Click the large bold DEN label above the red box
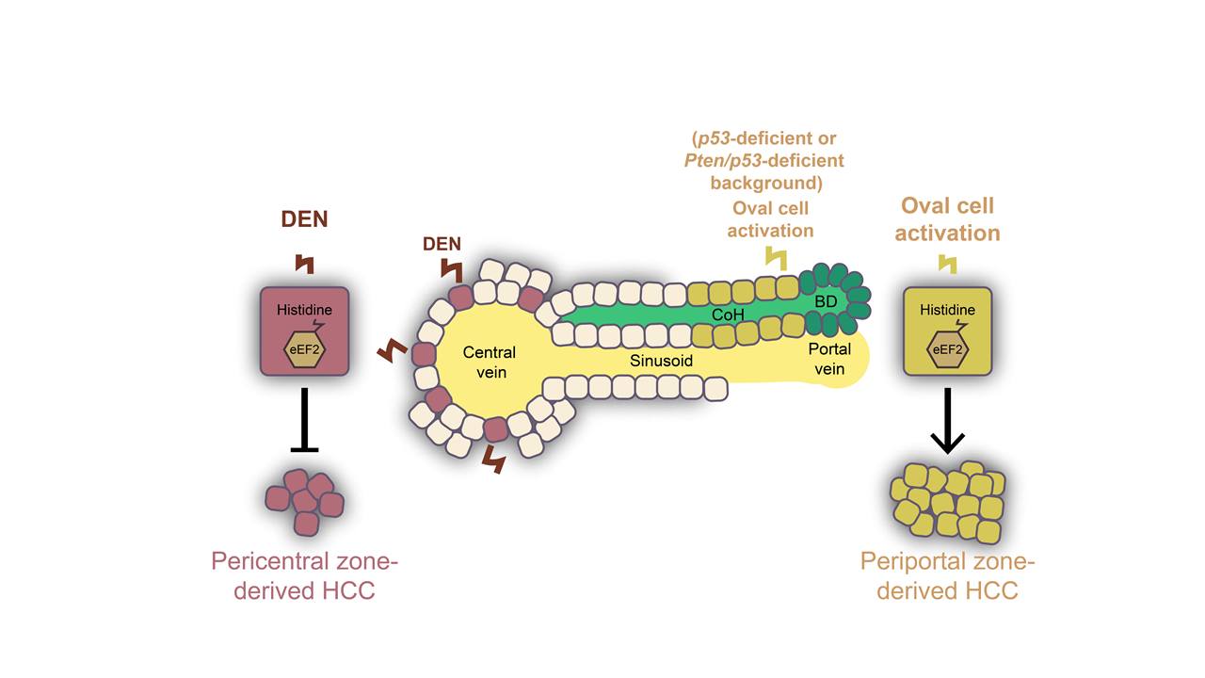(x=305, y=220)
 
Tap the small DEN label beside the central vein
(x=442, y=244)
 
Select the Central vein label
(x=489, y=362)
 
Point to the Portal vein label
(x=829, y=359)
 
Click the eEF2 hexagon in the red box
(x=305, y=349)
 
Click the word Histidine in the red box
(x=303, y=310)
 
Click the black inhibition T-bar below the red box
(x=304, y=418)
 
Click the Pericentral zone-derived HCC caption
(x=305, y=576)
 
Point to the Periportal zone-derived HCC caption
(x=947, y=576)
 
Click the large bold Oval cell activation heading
(x=947, y=219)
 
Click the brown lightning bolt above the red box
(x=304, y=264)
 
